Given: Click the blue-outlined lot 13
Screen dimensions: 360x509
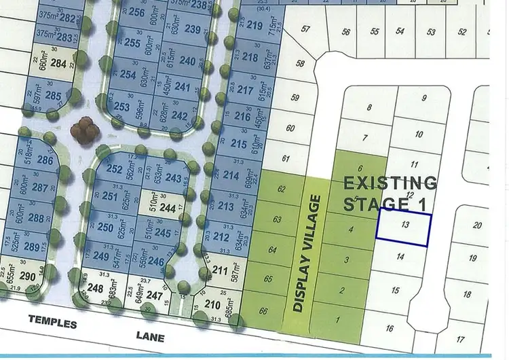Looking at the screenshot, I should coord(404,230).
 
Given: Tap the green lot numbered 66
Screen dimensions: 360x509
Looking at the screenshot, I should coord(262,311).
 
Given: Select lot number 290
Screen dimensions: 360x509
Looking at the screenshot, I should coord(27,278).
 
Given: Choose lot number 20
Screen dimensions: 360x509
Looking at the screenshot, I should coord(477,226).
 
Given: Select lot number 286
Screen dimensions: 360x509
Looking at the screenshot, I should coord(45,160).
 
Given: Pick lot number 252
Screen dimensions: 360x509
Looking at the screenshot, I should coord(115,169).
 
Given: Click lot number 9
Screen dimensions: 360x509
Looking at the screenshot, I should coord(424,98).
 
